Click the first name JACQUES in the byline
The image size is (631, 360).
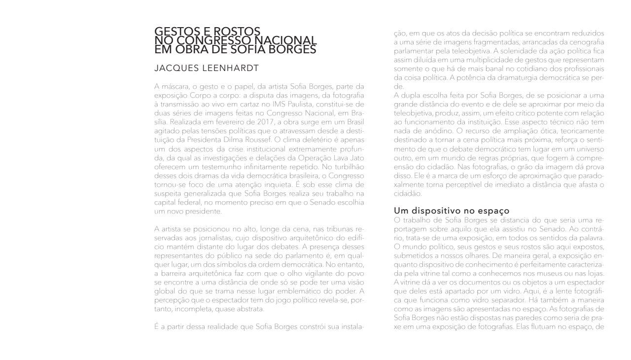[175, 68]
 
